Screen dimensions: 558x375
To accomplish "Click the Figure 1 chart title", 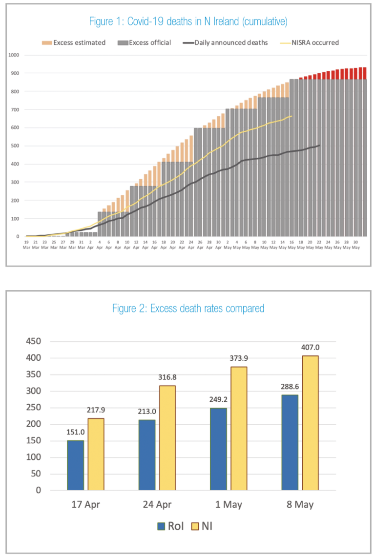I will coord(188,21).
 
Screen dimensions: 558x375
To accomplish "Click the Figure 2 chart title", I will coord(188,308).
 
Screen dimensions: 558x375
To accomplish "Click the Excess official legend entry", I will coord(146,42).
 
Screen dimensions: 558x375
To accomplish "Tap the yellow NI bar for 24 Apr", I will coord(167,437).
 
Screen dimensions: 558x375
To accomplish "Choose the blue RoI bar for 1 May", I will coord(218,449).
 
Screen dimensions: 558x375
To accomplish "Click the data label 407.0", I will coord(311,347).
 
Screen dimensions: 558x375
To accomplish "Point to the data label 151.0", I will coord(76,432).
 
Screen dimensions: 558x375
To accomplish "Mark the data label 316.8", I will coord(167,377).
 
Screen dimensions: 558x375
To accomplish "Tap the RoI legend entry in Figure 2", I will coord(168,526).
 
